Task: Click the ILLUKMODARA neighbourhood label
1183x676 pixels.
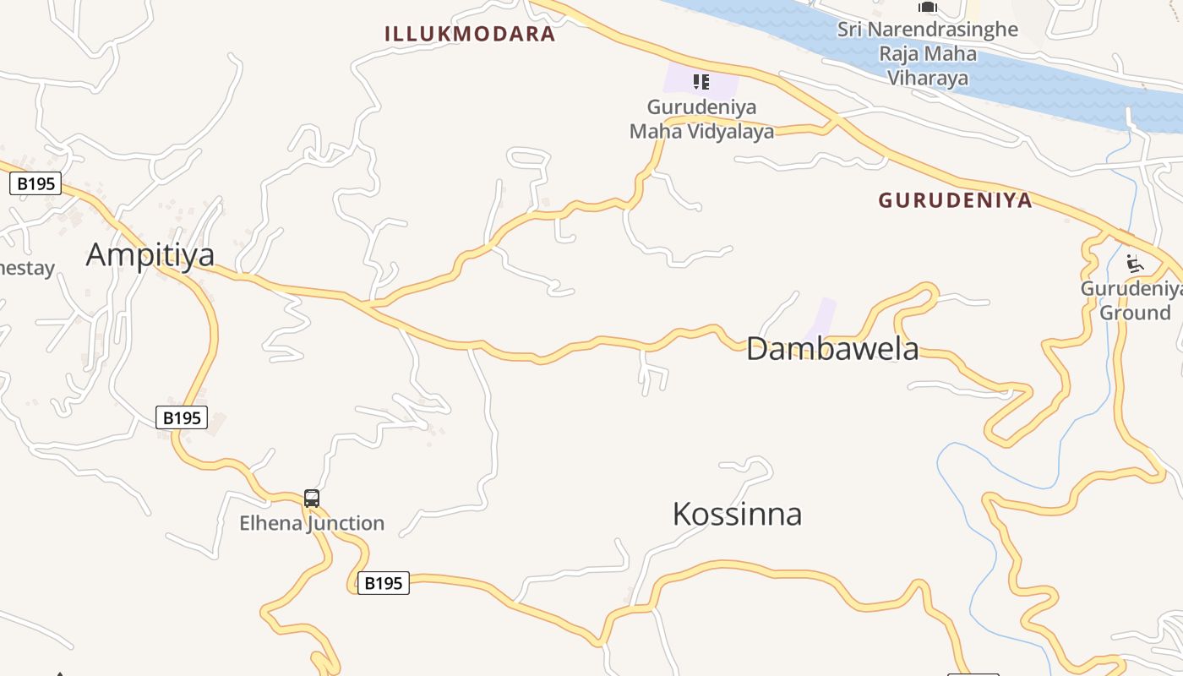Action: point(470,34)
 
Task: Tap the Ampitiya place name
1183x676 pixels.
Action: point(150,254)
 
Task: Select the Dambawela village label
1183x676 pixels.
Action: point(832,348)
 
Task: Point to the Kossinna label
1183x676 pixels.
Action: point(737,514)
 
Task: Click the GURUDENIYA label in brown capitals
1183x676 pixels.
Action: point(955,200)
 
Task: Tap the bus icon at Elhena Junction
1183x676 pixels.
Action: point(312,499)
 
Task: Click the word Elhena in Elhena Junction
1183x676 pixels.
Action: point(270,523)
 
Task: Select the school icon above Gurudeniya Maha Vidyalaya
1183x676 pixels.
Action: point(701,82)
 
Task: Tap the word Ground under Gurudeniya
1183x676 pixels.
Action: point(1135,313)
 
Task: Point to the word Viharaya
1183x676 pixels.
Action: point(927,79)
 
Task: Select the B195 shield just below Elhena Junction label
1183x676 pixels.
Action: point(383,583)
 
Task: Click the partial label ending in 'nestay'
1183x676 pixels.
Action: point(25,269)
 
